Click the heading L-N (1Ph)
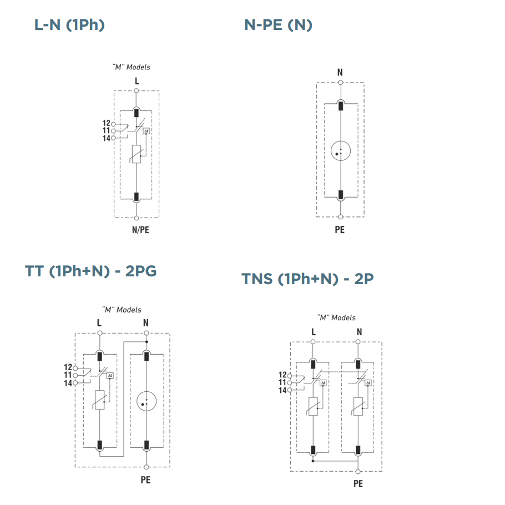coord(69,25)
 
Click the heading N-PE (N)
coord(278,25)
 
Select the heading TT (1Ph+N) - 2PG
coord(91,271)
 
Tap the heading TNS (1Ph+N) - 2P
coord(307,279)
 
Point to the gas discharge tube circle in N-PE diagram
coord(341,150)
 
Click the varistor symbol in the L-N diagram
coord(137,154)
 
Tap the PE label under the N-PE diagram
coord(340,229)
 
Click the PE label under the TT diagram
coord(145,480)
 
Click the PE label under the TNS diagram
coord(358,484)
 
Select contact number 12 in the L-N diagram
coord(106,123)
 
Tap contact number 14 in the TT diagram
coord(68,382)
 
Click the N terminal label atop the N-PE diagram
coord(340,72)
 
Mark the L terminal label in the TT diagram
coord(99,322)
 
